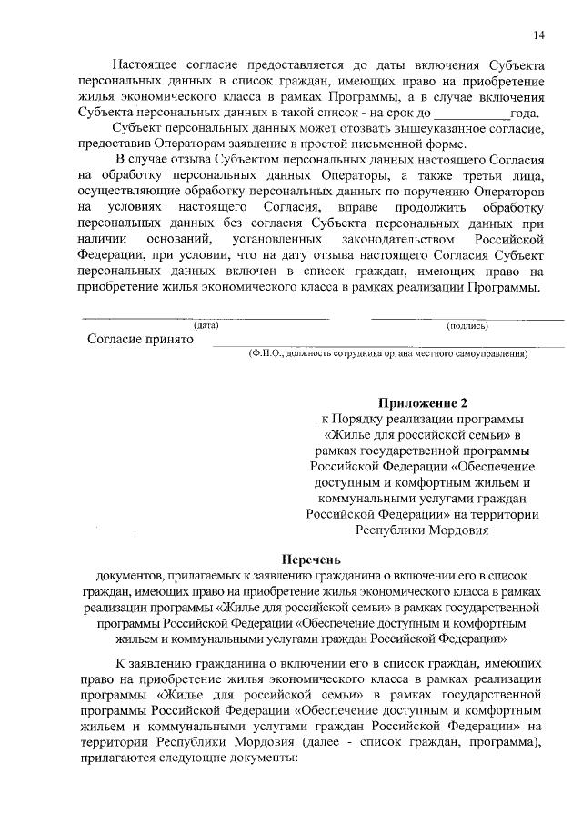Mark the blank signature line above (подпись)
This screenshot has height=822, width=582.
pyautogui.click(x=467, y=318)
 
